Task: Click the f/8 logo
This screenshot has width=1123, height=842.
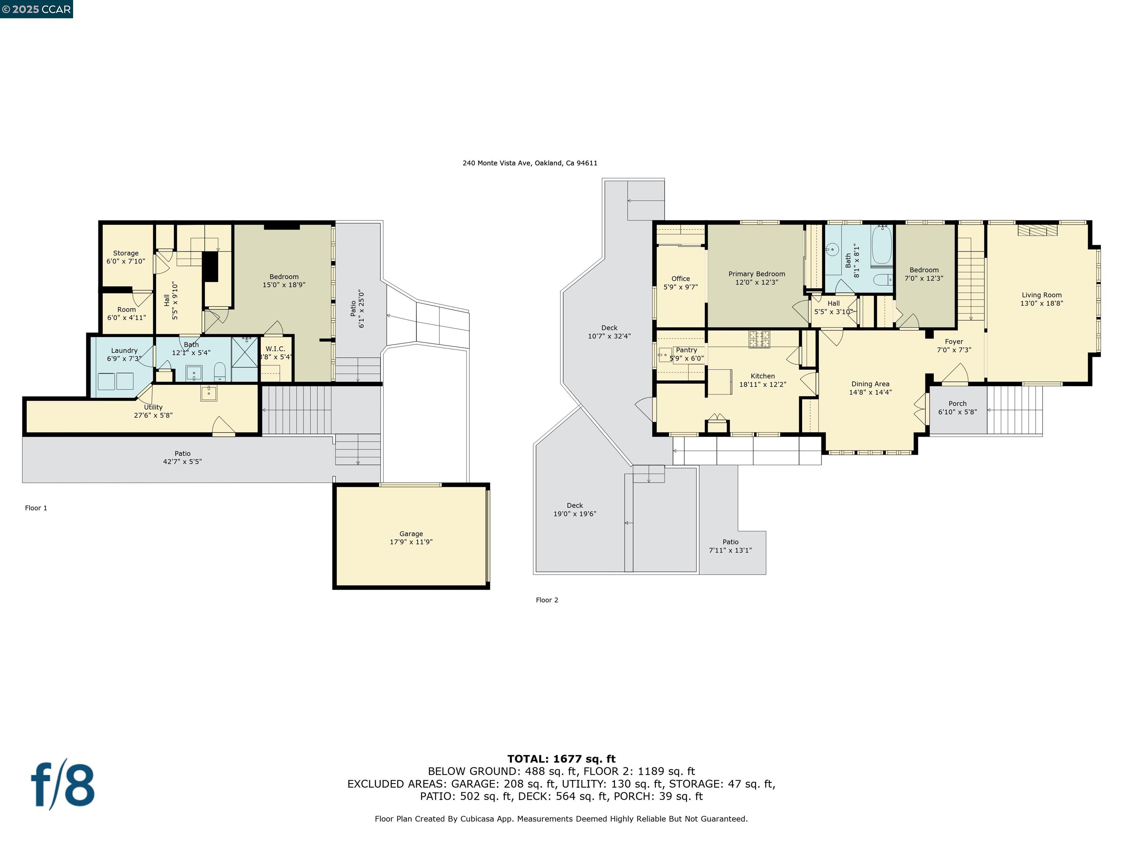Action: point(63,786)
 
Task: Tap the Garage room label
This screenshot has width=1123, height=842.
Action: point(411,538)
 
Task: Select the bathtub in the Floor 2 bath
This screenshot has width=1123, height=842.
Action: point(882,246)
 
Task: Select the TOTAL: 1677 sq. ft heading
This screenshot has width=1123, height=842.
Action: point(561,759)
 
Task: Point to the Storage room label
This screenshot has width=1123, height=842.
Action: point(125,257)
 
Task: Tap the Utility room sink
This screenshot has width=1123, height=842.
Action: point(209,393)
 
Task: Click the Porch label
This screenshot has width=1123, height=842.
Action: point(957,407)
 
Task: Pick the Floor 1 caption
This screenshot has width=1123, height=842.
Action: point(36,508)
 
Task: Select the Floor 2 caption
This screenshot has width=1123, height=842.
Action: point(547,600)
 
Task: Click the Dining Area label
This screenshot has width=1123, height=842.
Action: point(870,388)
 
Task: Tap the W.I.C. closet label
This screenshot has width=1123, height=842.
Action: point(275,353)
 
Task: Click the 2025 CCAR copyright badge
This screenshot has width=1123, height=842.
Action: point(36,9)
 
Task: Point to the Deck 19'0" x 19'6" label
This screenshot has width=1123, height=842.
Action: point(575,509)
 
